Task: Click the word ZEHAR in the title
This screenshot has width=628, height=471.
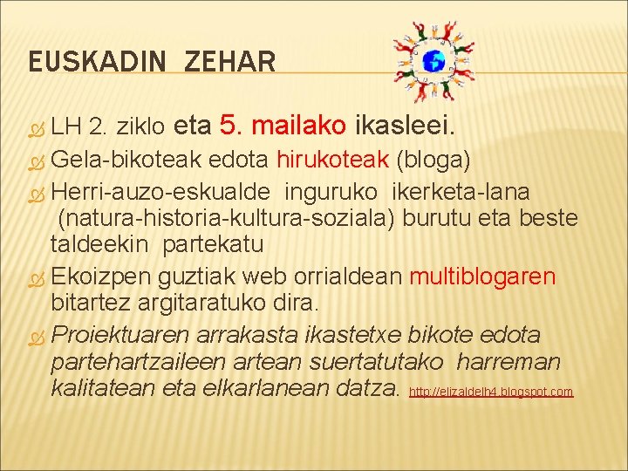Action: (230, 62)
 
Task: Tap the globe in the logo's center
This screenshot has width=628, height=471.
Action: (433, 61)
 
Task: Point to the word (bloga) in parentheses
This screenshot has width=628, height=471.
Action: (433, 160)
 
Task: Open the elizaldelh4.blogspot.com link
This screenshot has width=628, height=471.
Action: (491, 392)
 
